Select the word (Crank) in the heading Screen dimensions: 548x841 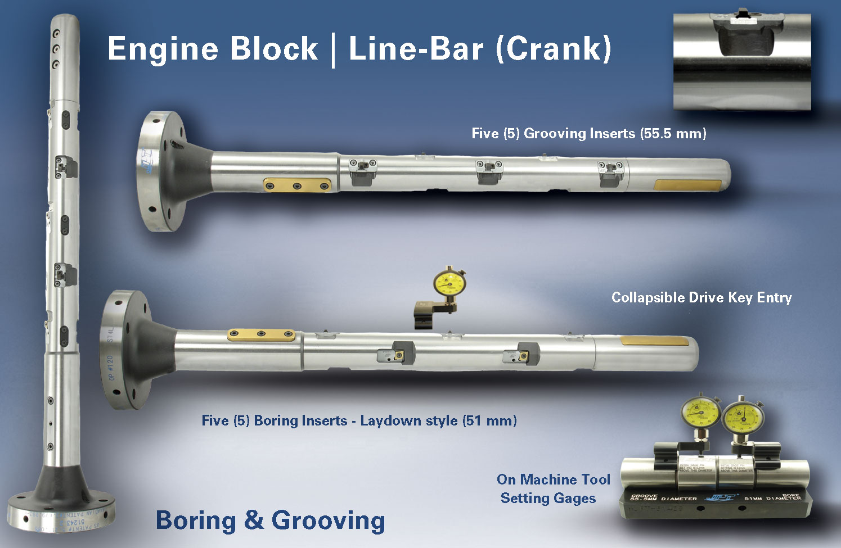[554, 48]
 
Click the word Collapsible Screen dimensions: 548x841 [646, 297]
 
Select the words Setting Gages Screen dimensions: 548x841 [548, 498]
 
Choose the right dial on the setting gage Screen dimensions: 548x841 [743, 417]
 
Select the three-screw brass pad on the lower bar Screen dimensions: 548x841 [261, 335]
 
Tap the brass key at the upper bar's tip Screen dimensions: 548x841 [689, 185]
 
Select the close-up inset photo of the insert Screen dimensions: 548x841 [742, 61]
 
